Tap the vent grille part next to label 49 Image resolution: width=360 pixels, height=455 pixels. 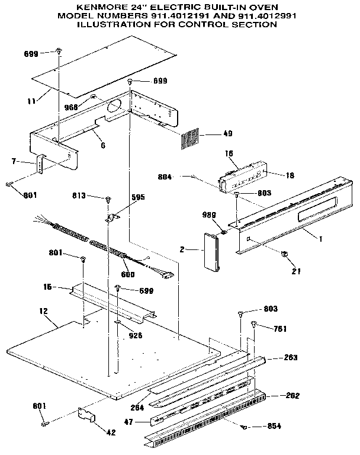click(191, 139)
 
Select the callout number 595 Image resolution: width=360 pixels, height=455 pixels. click(137, 198)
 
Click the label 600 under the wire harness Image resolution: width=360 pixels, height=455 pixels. click(128, 274)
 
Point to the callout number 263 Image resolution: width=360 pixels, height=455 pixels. click(291, 357)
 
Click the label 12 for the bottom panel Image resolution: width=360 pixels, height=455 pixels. click(43, 310)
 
